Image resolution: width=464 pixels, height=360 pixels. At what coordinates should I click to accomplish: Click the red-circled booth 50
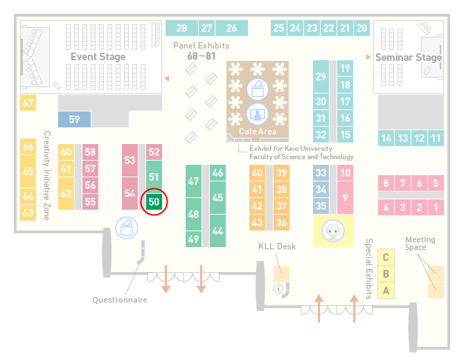point(154,201)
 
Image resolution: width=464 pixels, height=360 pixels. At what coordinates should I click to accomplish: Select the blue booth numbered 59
point(74,119)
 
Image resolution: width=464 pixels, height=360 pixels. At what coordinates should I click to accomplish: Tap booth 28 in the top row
point(181,28)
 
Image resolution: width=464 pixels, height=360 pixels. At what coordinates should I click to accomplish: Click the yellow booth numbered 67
point(28,102)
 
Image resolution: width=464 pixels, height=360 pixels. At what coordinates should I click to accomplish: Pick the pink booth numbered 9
point(345,197)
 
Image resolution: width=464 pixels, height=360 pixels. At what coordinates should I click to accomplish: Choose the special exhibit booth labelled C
point(386,257)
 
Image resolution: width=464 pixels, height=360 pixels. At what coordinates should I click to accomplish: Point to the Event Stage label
point(98,57)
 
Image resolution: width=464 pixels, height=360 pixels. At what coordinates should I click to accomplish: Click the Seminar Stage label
point(409,57)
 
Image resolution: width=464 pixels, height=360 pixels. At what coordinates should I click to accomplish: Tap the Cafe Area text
point(258,132)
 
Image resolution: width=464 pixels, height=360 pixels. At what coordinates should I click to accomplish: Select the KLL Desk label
point(277,246)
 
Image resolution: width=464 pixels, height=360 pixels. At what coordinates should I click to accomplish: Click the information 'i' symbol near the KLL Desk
point(278,289)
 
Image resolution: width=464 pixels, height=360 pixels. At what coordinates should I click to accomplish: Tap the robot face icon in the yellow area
point(333,231)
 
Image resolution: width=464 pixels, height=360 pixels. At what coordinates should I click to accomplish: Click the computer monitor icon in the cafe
point(258,114)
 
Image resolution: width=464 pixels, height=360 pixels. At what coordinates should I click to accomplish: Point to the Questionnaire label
point(120,300)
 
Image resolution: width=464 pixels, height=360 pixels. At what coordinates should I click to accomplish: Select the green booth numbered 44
point(217,231)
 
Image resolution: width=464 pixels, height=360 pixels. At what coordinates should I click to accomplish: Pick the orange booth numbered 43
point(257,222)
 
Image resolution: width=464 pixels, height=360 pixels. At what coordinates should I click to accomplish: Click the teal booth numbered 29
point(321,77)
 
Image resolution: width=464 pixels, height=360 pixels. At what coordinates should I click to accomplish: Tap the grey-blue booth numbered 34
point(321,189)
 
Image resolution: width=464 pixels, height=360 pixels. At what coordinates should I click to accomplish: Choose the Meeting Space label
point(420,244)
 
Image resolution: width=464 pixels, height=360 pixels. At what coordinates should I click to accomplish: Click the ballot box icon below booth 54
point(127,228)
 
